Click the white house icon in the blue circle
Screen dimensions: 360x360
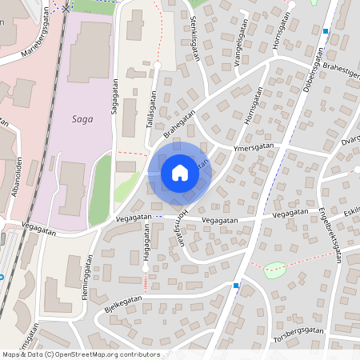[180, 172]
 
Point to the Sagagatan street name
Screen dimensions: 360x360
[116, 95]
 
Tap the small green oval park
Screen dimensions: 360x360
[274, 270]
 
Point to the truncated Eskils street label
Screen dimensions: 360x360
[350, 210]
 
